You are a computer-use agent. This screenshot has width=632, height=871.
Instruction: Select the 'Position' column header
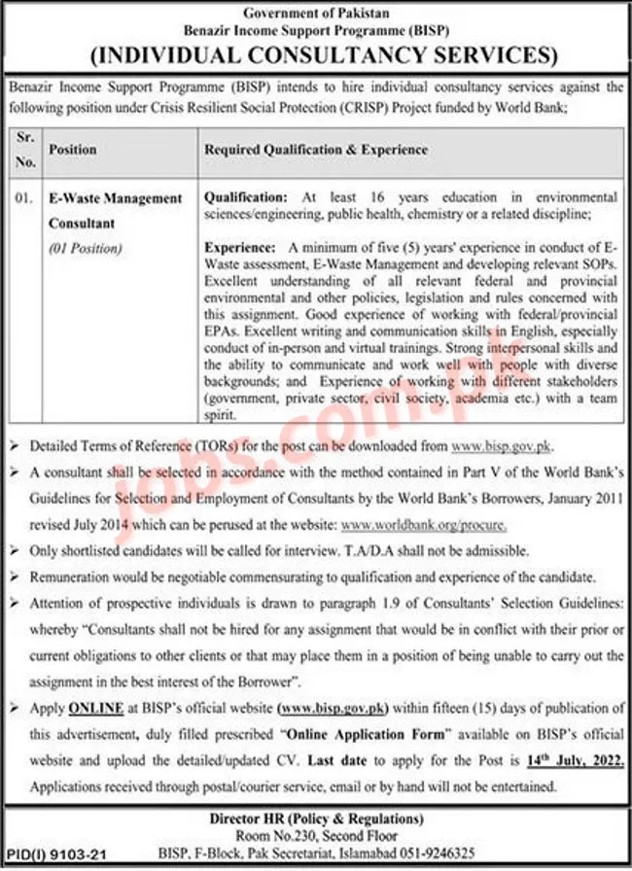tap(73, 150)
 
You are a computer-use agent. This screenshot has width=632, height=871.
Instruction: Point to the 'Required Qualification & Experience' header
tap(316, 150)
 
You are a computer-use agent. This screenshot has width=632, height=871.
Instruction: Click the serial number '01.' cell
tap(24, 198)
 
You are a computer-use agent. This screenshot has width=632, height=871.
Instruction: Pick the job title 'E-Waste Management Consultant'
tap(116, 210)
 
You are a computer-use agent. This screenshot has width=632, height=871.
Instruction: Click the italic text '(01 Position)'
tap(86, 248)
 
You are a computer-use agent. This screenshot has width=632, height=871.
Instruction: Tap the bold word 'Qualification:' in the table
tap(246, 197)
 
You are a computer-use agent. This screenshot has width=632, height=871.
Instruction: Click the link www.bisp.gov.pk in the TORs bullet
tap(502, 445)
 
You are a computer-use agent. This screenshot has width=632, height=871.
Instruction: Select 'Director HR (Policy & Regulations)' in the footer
tap(316, 819)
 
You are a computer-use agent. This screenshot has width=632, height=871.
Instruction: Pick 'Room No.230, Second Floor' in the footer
tap(316, 835)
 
